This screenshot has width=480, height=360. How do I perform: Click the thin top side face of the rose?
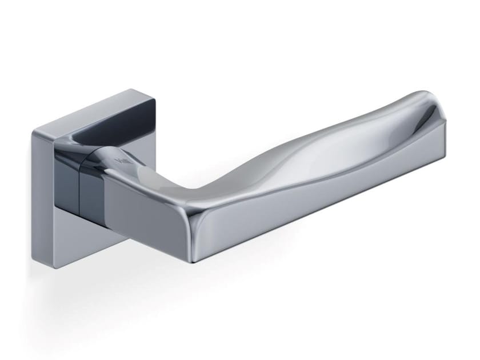(x=94, y=107)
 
